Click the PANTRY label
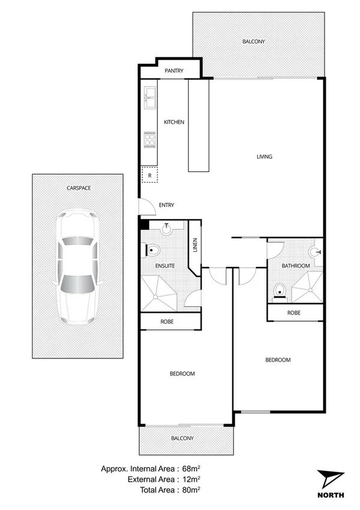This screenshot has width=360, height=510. pyautogui.click(x=174, y=72)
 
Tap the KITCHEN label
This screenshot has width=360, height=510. pyautogui.click(x=174, y=122)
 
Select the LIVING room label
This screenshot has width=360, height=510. pyautogui.click(x=264, y=157)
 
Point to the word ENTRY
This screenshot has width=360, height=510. pyautogui.click(x=166, y=206)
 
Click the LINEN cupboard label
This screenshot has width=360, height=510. pyautogui.click(x=194, y=246)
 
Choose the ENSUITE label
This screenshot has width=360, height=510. pyautogui.click(x=165, y=265)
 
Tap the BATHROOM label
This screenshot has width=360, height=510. pyautogui.click(x=296, y=266)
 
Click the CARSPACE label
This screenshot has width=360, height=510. pyautogui.click(x=79, y=188)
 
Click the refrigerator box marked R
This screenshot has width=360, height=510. pyautogui.click(x=150, y=175)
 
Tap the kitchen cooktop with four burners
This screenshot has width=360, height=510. pyautogui.click(x=150, y=140)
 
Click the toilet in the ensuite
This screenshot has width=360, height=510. pyautogui.click(x=154, y=249)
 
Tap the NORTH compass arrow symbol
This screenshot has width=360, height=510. pyautogui.click(x=329, y=478)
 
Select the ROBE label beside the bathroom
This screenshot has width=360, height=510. pyautogui.click(x=294, y=313)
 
